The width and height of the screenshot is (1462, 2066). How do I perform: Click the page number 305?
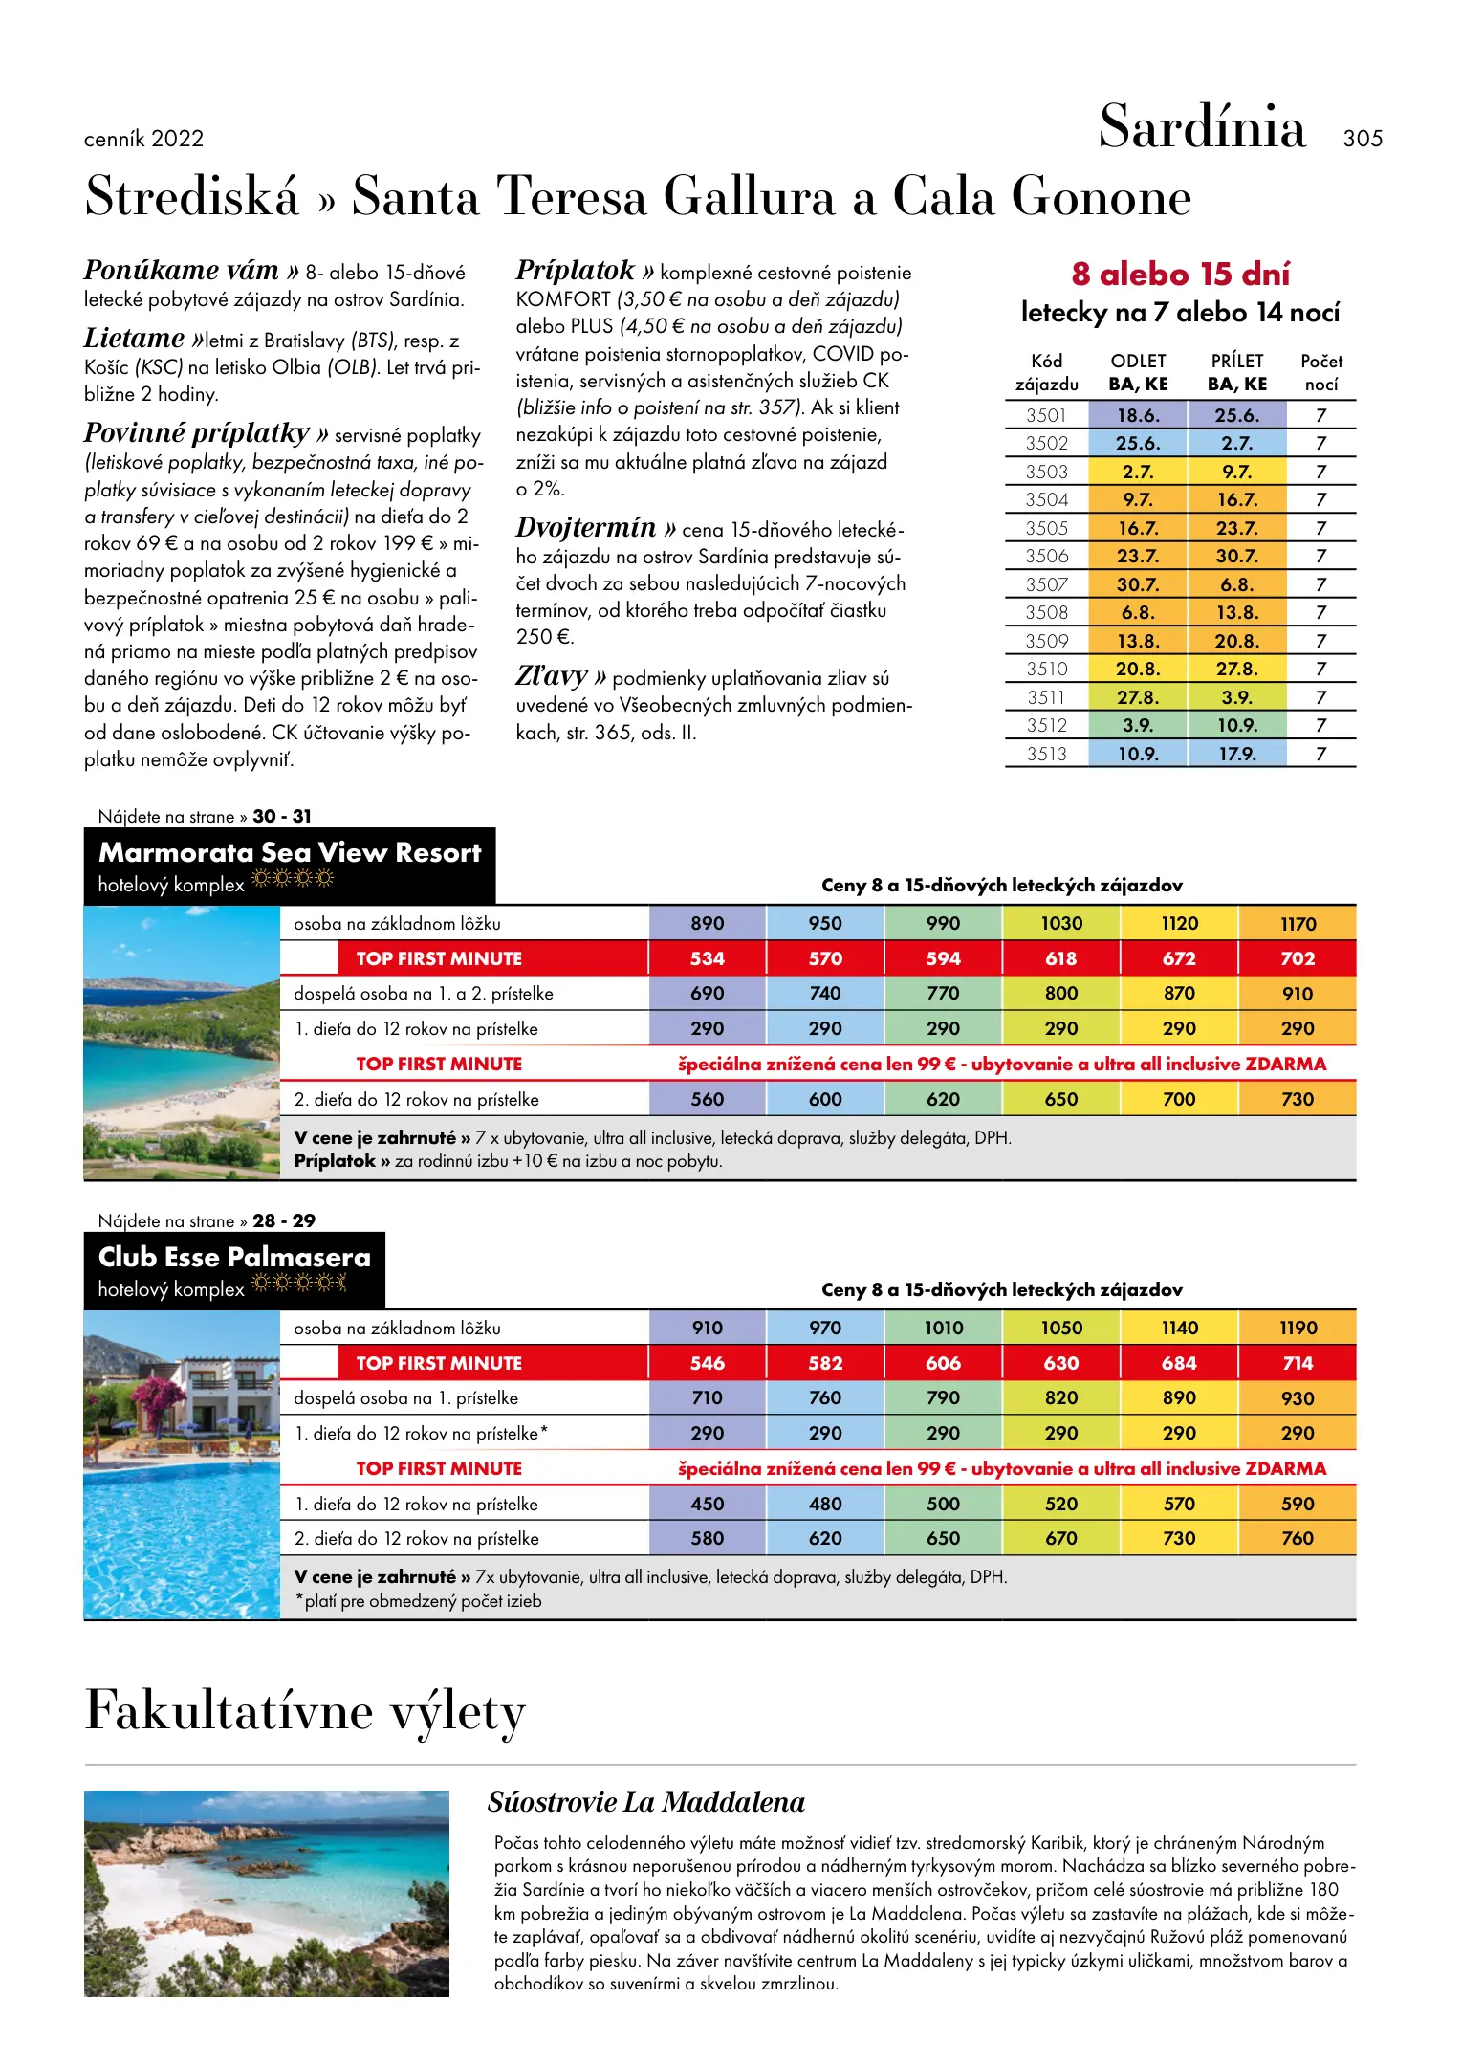(1362, 139)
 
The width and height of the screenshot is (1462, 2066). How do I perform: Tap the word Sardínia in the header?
(1201, 126)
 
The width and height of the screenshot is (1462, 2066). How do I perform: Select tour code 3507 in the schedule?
(1046, 584)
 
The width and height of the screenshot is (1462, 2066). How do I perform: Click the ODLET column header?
(1138, 362)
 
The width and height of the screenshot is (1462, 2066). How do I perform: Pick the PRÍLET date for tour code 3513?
(1236, 754)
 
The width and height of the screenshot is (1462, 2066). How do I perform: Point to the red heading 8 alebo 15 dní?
(1180, 275)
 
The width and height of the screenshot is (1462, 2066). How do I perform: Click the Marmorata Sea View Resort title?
(290, 852)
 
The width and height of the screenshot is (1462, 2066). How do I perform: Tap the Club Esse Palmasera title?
(234, 1257)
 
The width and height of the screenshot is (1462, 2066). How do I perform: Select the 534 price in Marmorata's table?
(707, 958)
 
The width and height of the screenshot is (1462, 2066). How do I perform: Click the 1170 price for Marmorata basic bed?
(1298, 924)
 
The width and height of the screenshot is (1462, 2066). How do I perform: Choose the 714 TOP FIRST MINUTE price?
(1298, 1363)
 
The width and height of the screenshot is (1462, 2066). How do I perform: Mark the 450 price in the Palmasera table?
(707, 1504)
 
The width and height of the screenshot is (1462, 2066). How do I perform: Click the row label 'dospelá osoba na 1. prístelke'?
(405, 1398)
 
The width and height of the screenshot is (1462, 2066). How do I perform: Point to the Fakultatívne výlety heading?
(305, 1710)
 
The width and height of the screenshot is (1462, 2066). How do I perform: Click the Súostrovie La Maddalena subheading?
(645, 1802)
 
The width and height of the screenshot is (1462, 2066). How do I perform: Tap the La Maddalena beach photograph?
(266, 1893)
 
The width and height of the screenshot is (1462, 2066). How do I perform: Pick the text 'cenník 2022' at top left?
(143, 139)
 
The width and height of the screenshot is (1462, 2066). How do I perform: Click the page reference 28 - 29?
(284, 1220)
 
